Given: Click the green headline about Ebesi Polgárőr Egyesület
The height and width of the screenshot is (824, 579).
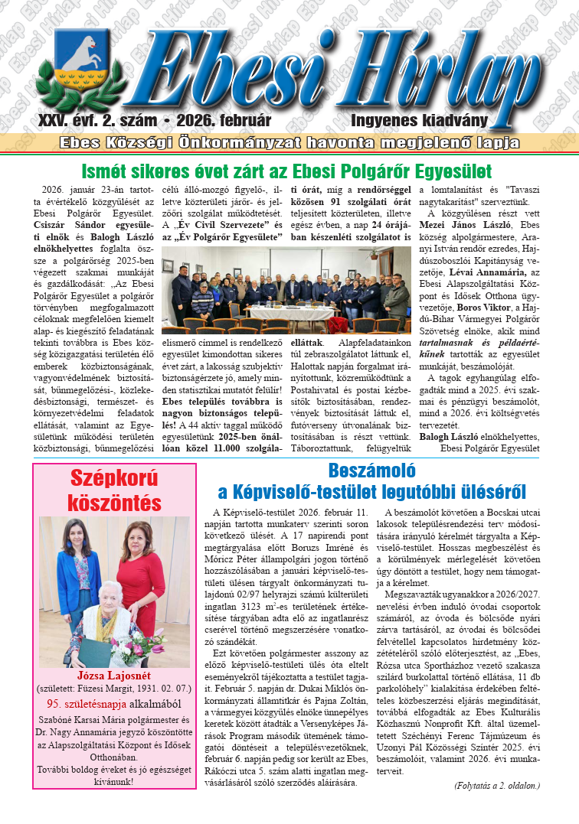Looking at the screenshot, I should click(286, 170).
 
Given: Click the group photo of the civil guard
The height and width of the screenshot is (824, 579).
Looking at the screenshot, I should click(289, 290).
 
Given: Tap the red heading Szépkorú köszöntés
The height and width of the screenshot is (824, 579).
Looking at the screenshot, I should click(114, 490).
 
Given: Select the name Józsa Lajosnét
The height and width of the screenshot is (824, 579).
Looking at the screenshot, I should click(113, 676).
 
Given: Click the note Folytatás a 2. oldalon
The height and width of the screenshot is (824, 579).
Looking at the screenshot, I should click(496, 785).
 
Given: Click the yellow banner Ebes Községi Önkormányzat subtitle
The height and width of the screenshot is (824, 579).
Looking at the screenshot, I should click(289, 143).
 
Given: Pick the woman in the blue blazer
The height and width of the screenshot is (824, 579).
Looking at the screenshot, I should click(79, 562).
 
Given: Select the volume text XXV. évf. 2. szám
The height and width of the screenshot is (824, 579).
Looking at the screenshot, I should click(97, 121).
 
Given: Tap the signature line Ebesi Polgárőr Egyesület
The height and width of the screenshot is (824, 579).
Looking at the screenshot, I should click(489, 448).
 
